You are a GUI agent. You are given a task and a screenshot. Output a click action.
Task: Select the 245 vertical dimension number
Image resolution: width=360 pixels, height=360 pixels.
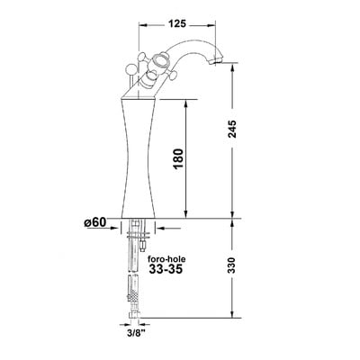pyautogui.click(x=232, y=129)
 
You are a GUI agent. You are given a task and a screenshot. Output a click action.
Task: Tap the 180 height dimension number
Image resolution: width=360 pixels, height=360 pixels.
pyautogui.click(x=178, y=158)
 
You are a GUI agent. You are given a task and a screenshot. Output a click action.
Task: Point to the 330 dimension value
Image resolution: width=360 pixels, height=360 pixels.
pyautogui.click(x=232, y=265)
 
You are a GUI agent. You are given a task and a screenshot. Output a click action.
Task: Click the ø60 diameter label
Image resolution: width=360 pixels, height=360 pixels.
pyautogui.click(x=94, y=222)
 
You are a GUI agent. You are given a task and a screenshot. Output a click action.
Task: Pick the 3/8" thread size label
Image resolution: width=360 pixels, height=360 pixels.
pyautogui.click(x=135, y=333)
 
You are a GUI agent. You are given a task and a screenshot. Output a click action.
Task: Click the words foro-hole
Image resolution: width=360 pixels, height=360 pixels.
pyautogui.click(x=167, y=259)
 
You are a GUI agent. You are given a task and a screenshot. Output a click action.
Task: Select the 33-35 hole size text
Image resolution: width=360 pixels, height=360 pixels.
pyautogui.click(x=166, y=269)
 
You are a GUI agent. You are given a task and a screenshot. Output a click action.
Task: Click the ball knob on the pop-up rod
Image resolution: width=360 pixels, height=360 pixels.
pyautogui.click(x=131, y=69)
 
